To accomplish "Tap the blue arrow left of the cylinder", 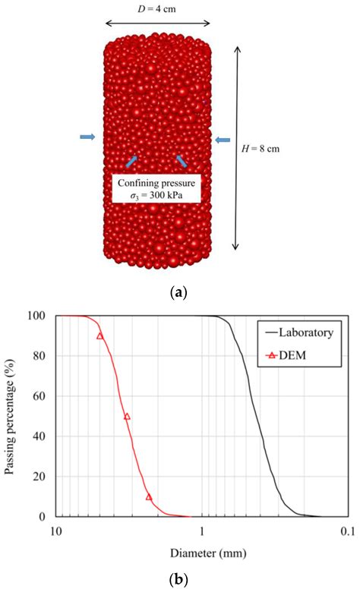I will click(87, 137).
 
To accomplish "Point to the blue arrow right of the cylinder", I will click(223, 140).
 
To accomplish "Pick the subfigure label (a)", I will click(179, 291).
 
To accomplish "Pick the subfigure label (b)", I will click(179, 579).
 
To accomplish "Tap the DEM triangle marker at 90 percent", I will click(99, 335).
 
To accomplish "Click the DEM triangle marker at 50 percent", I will click(127, 416).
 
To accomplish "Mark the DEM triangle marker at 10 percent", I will click(149, 496).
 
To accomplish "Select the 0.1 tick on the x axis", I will click(348, 529).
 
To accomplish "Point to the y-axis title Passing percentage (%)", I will click(12, 416).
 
